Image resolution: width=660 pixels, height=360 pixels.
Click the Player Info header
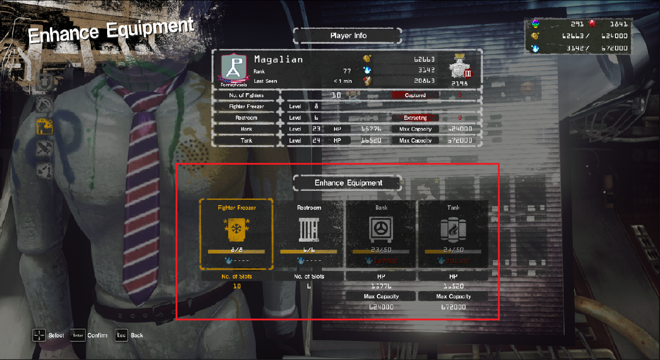click(x=348, y=36)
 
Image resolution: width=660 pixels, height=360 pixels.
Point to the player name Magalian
click(x=278, y=59)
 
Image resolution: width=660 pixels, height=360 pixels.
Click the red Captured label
click(x=415, y=95)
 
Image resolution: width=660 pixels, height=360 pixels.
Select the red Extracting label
click(x=415, y=118)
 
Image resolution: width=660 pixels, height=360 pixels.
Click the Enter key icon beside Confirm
click(x=78, y=335)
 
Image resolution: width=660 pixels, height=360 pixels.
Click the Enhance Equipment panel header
click(x=348, y=183)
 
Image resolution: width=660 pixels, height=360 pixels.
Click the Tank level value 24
click(x=316, y=140)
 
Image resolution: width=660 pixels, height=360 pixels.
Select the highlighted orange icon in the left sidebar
click(x=45, y=126)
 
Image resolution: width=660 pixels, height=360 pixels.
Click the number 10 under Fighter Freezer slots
click(x=236, y=286)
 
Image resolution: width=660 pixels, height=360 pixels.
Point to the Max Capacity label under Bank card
click(x=381, y=297)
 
